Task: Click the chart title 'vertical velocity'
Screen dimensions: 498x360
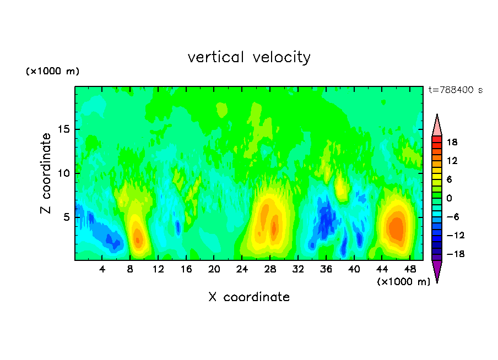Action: pyautogui.click(x=249, y=58)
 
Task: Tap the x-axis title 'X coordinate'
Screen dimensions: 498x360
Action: pyautogui.click(x=249, y=297)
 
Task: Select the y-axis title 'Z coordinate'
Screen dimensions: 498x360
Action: pyautogui.click(x=46, y=173)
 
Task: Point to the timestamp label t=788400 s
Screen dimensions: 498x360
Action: pyautogui.click(x=456, y=90)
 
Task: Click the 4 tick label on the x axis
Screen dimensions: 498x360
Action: pyautogui.click(x=102, y=270)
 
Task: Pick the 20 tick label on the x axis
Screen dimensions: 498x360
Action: pyautogui.click(x=214, y=270)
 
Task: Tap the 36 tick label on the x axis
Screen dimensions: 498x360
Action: pyautogui.click(x=326, y=270)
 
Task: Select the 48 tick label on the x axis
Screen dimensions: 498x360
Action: pyautogui.click(x=410, y=270)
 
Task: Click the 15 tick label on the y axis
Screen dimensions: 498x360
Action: pyautogui.click(x=63, y=129)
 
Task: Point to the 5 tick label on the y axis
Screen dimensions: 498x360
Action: pyautogui.click(x=66, y=217)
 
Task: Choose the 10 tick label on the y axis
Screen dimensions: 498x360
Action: pyautogui.click(x=63, y=173)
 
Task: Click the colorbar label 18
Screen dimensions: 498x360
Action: pyautogui.click(x=452, y=142)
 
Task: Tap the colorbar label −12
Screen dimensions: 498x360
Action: pyautogui.click(x=456, y=235)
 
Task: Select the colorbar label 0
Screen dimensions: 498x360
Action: pyautogui.click(x=449, y=198)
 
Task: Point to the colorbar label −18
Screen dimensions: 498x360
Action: pyautogui.click(x=456, y=254)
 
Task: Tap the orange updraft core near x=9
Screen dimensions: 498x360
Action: pyautogui.click(x=138, y=237)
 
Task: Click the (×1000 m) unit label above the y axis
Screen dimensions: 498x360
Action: pyautogui.click(x=52, y=71)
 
